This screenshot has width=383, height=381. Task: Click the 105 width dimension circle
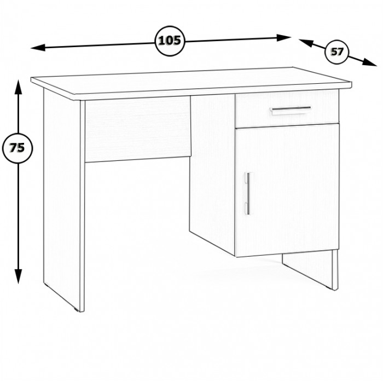(170, 41)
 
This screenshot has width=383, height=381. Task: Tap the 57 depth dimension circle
(337, 52)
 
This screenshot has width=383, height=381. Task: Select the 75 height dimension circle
(18, 148)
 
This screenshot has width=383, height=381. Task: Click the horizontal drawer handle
(291, 109)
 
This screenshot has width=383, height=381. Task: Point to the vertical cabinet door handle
(248, 193)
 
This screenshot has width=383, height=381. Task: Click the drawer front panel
(287, 109)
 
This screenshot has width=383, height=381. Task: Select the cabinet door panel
(287, 190)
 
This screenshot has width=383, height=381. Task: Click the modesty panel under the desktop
(137, 129)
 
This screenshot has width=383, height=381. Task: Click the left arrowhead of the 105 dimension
(38, 48)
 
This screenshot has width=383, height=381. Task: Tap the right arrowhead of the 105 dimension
(284, 38)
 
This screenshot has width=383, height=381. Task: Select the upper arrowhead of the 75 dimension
(18, 86)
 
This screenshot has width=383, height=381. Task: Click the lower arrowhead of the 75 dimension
(18, 276)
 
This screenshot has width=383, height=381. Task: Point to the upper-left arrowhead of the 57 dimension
(305, 43)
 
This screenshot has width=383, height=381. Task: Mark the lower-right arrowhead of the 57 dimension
(369, 62)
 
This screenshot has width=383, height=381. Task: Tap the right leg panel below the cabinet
(310, 269)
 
